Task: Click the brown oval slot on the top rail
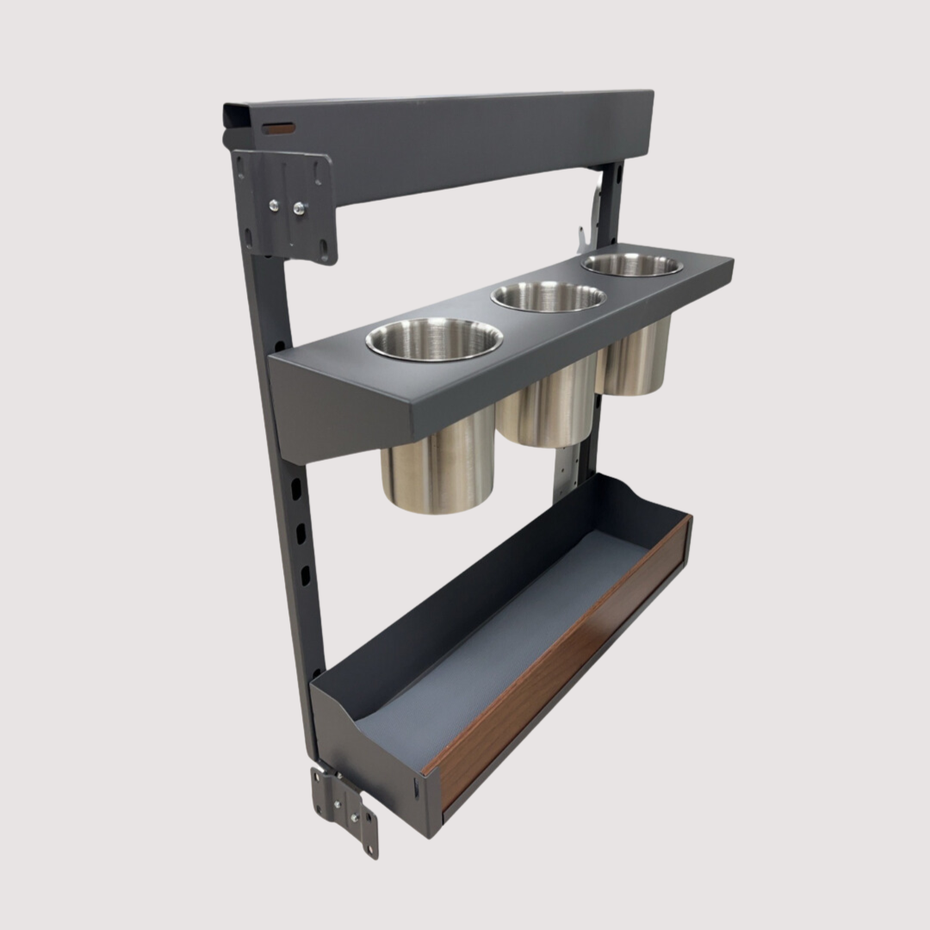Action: [278, 128]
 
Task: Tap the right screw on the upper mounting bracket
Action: [300, 208]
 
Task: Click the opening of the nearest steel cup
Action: [434, 338]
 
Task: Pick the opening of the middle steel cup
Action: [549, 296]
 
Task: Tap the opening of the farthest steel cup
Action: [632, 264]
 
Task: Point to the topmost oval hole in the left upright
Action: [295, 488]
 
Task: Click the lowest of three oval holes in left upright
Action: [304, 574]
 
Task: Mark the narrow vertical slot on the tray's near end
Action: [416, 786]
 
